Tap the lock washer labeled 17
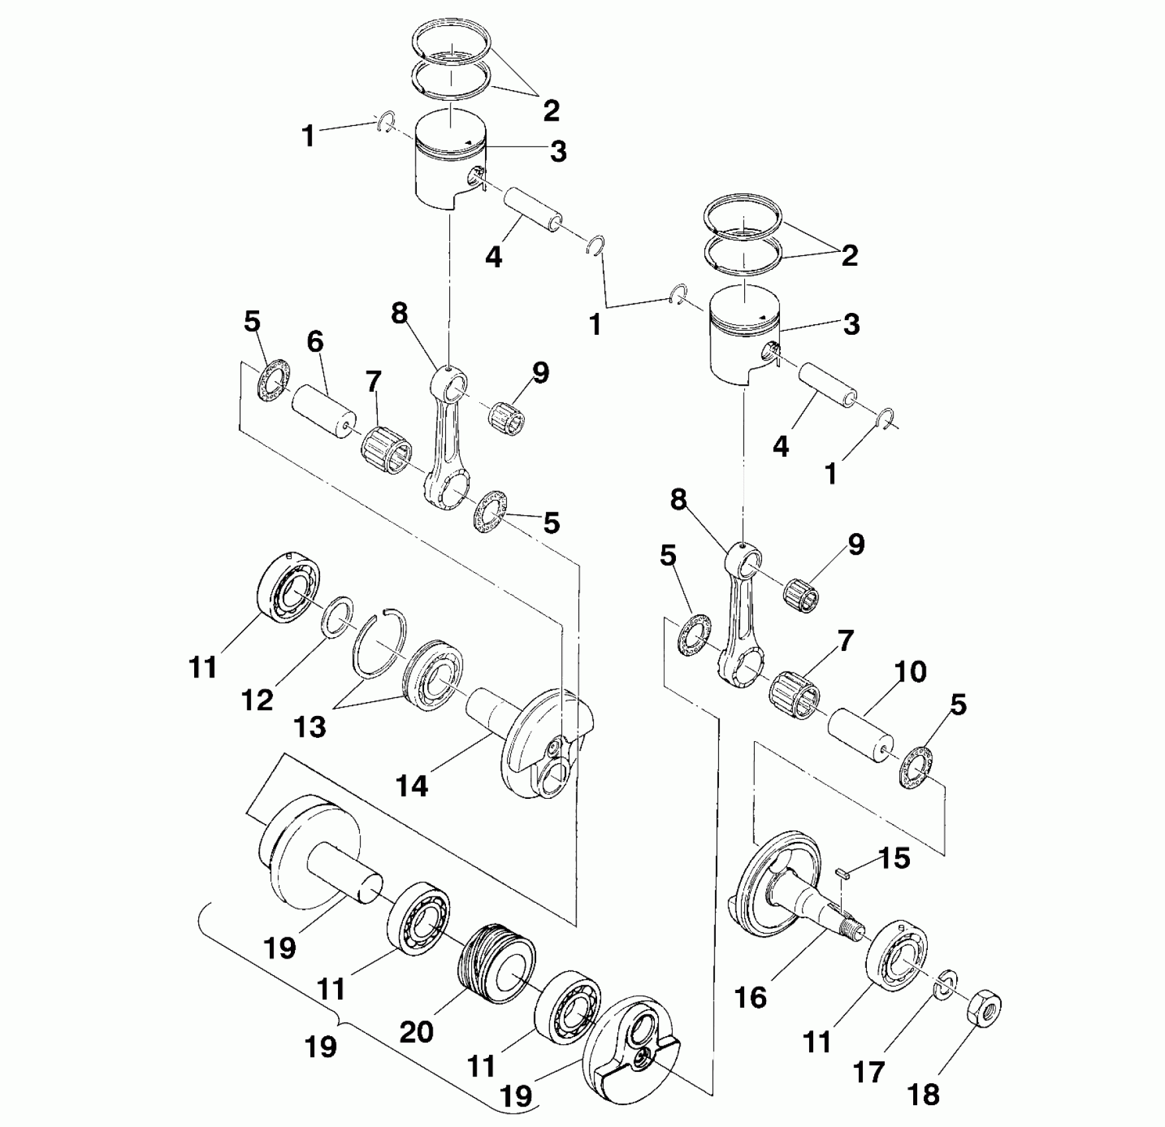coord(944,984)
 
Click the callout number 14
coord(412,786)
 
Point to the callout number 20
coord(417,1032)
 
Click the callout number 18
coord(924,1095)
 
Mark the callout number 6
coord(315,343)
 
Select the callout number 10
coord(910,672)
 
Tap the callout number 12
coord(258,699)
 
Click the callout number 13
coord(310,727)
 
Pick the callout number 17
coord(869,1071)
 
